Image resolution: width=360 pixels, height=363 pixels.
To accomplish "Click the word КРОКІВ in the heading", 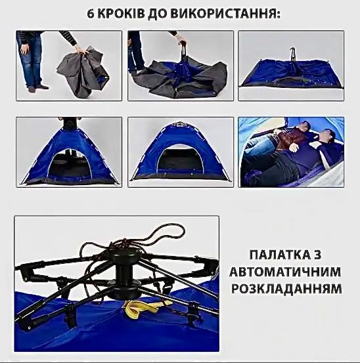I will point(119,14).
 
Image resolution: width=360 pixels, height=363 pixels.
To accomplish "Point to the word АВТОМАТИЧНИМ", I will point(286,271).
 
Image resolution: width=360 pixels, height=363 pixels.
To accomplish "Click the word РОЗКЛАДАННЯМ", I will point(286,288).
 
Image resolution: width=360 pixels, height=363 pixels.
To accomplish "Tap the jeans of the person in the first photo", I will point(30,62).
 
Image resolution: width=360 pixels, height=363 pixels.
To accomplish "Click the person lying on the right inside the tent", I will point(325,144).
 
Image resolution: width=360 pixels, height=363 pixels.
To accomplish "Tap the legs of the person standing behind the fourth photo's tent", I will point(69,121).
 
